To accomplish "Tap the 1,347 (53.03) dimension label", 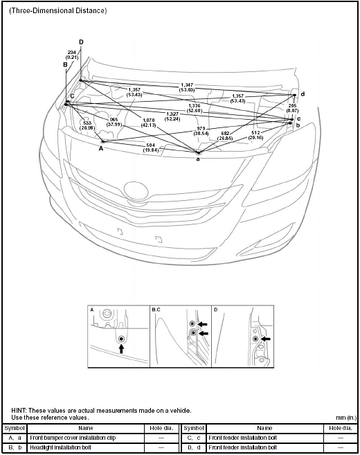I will (186, 86).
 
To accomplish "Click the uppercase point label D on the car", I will (81, 42).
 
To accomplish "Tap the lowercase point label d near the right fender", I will (303, 93).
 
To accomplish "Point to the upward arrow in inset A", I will (121, 350).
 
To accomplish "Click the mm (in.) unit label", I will (345, 418).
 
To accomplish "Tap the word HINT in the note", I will (19, 411).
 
